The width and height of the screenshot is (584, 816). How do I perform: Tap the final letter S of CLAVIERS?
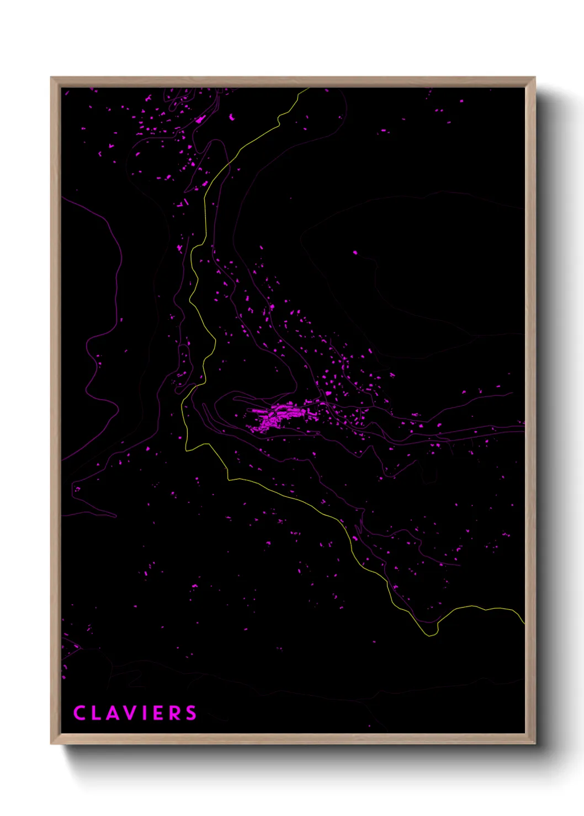click(191, 713)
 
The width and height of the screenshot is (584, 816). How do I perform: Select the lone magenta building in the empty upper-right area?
click(355, 253)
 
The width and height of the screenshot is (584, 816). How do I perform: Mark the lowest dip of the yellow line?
click(430, 635)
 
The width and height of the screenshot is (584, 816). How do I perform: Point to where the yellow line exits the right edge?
click(523, 622)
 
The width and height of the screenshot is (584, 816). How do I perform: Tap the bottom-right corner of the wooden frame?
click(534, 743)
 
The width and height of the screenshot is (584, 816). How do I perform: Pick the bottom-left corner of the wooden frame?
click(52, 743)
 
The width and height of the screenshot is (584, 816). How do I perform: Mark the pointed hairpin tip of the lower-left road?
click(116, 516)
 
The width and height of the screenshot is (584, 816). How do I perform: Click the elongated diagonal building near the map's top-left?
click(200, 119)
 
